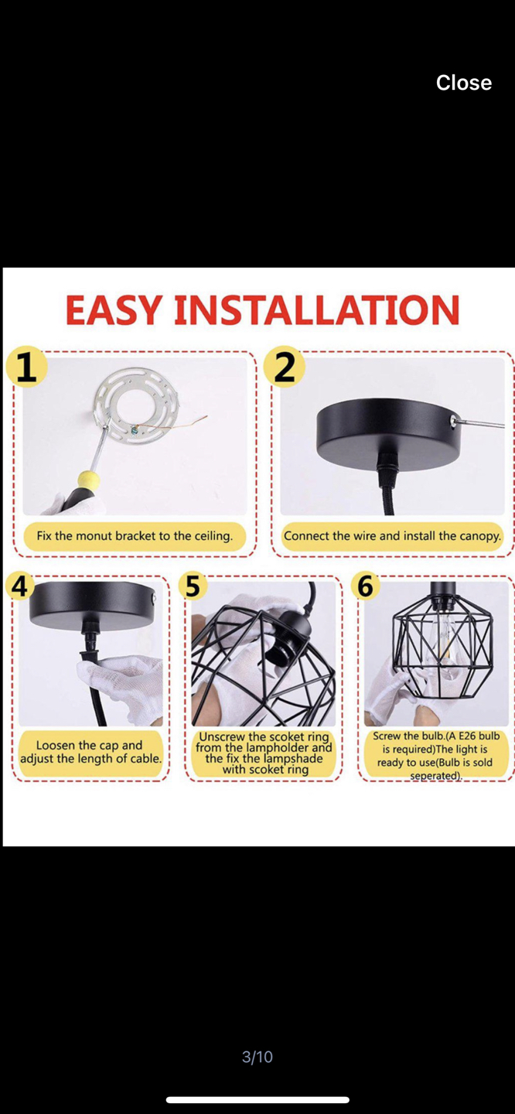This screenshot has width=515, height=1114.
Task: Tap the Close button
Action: coord(463,83)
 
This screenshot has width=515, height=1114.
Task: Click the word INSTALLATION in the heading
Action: coord(316,310)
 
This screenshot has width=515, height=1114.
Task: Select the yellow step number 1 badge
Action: coord(26,367)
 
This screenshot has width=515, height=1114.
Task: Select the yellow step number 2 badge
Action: coord(284,367)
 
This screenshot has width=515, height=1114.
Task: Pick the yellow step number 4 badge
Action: coord(20,586)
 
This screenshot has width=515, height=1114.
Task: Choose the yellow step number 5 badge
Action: coord(193,586)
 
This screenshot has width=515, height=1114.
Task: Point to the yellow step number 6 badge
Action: coord(365,586)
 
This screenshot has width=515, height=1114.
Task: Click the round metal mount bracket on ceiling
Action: coord(136,405)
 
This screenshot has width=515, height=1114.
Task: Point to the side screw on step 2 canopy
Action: coord(452,420)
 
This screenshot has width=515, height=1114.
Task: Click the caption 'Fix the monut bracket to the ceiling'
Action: coord(135,536)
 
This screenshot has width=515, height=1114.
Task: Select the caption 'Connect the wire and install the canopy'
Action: coord(392,536)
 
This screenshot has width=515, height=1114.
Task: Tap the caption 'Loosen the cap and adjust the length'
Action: coord(91,752)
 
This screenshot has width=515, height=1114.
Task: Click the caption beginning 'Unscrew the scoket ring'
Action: coord(264,753)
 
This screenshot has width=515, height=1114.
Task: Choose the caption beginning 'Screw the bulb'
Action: coord(436,754)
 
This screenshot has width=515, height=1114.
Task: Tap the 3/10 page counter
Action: coord(257,1057)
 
